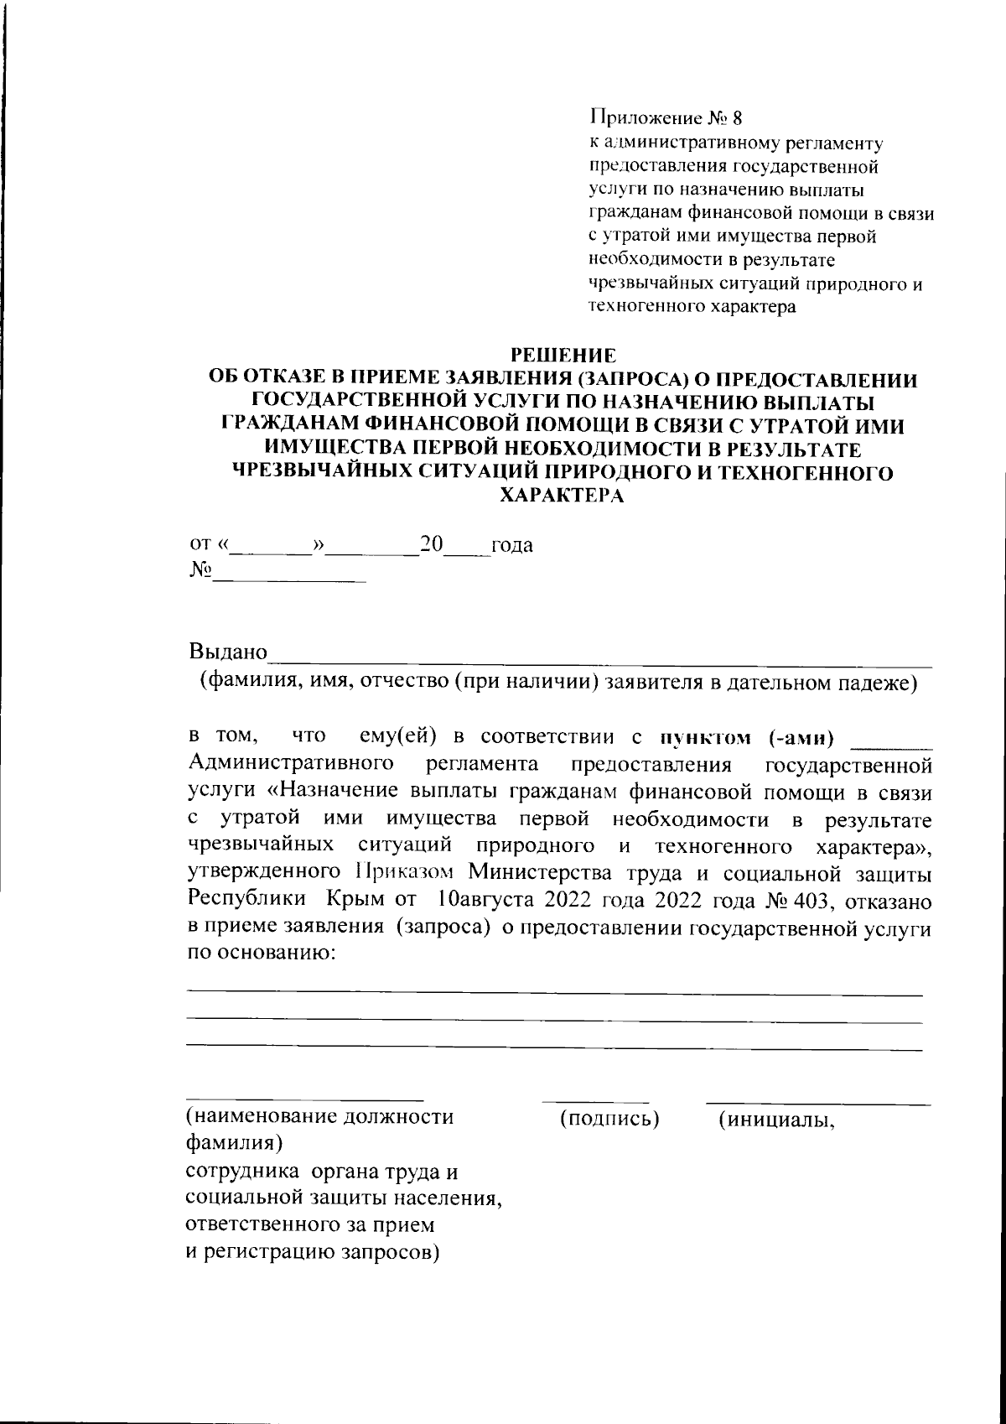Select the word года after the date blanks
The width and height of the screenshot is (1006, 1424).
(x=511, y=545)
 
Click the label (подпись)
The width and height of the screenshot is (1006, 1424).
(x=609, y=1118)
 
